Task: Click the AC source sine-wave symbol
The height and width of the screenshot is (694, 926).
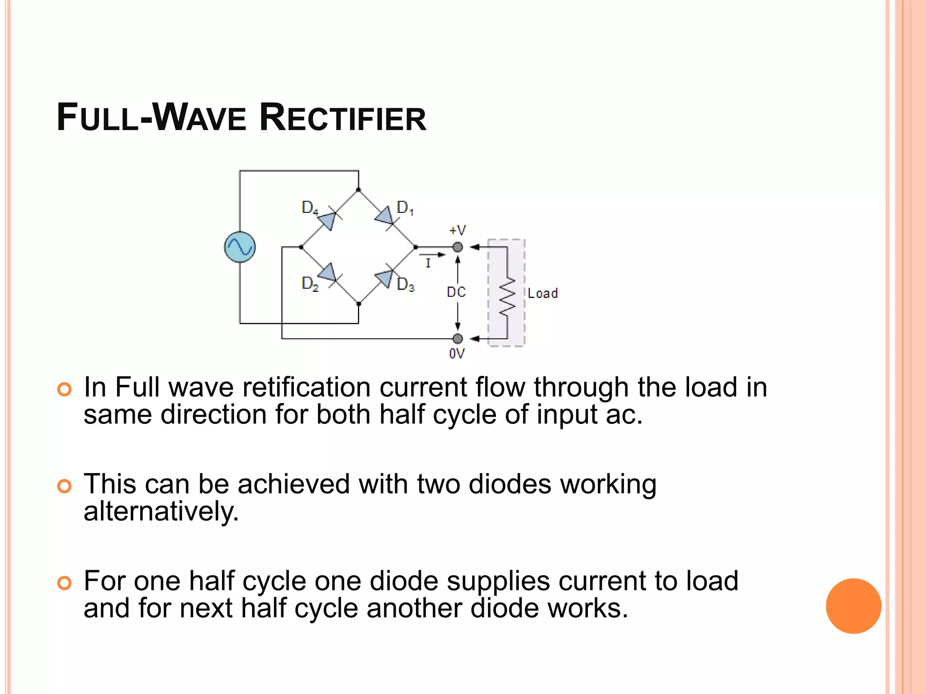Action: [240, 247]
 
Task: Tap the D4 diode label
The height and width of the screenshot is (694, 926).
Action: [310, 208]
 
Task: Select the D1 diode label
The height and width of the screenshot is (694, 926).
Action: [405, 208]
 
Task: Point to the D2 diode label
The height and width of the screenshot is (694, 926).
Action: [310, 284]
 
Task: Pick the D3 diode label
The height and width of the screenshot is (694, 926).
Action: [405, 285]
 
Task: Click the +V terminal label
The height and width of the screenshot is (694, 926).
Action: [457, 230]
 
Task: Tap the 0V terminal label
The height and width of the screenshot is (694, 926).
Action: [457, 354]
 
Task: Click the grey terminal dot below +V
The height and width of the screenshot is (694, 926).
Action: [458, 247]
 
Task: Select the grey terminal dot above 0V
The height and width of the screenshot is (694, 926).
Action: [458, 338]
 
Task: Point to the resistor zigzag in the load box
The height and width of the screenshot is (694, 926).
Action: [507, 296]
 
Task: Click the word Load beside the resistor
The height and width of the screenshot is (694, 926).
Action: [543, 293]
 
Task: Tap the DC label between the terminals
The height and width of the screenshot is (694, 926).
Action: [456, 292]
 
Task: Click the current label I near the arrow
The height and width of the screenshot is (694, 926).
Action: [428, 263]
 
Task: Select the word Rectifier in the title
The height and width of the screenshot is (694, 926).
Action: [343, 118]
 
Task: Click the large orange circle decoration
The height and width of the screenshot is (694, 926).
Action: [853, 606]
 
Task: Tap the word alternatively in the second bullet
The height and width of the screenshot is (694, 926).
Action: [161, 512]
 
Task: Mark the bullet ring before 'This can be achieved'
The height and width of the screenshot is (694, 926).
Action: [65, 486]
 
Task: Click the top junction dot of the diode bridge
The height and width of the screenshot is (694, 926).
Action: [359, 190]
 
